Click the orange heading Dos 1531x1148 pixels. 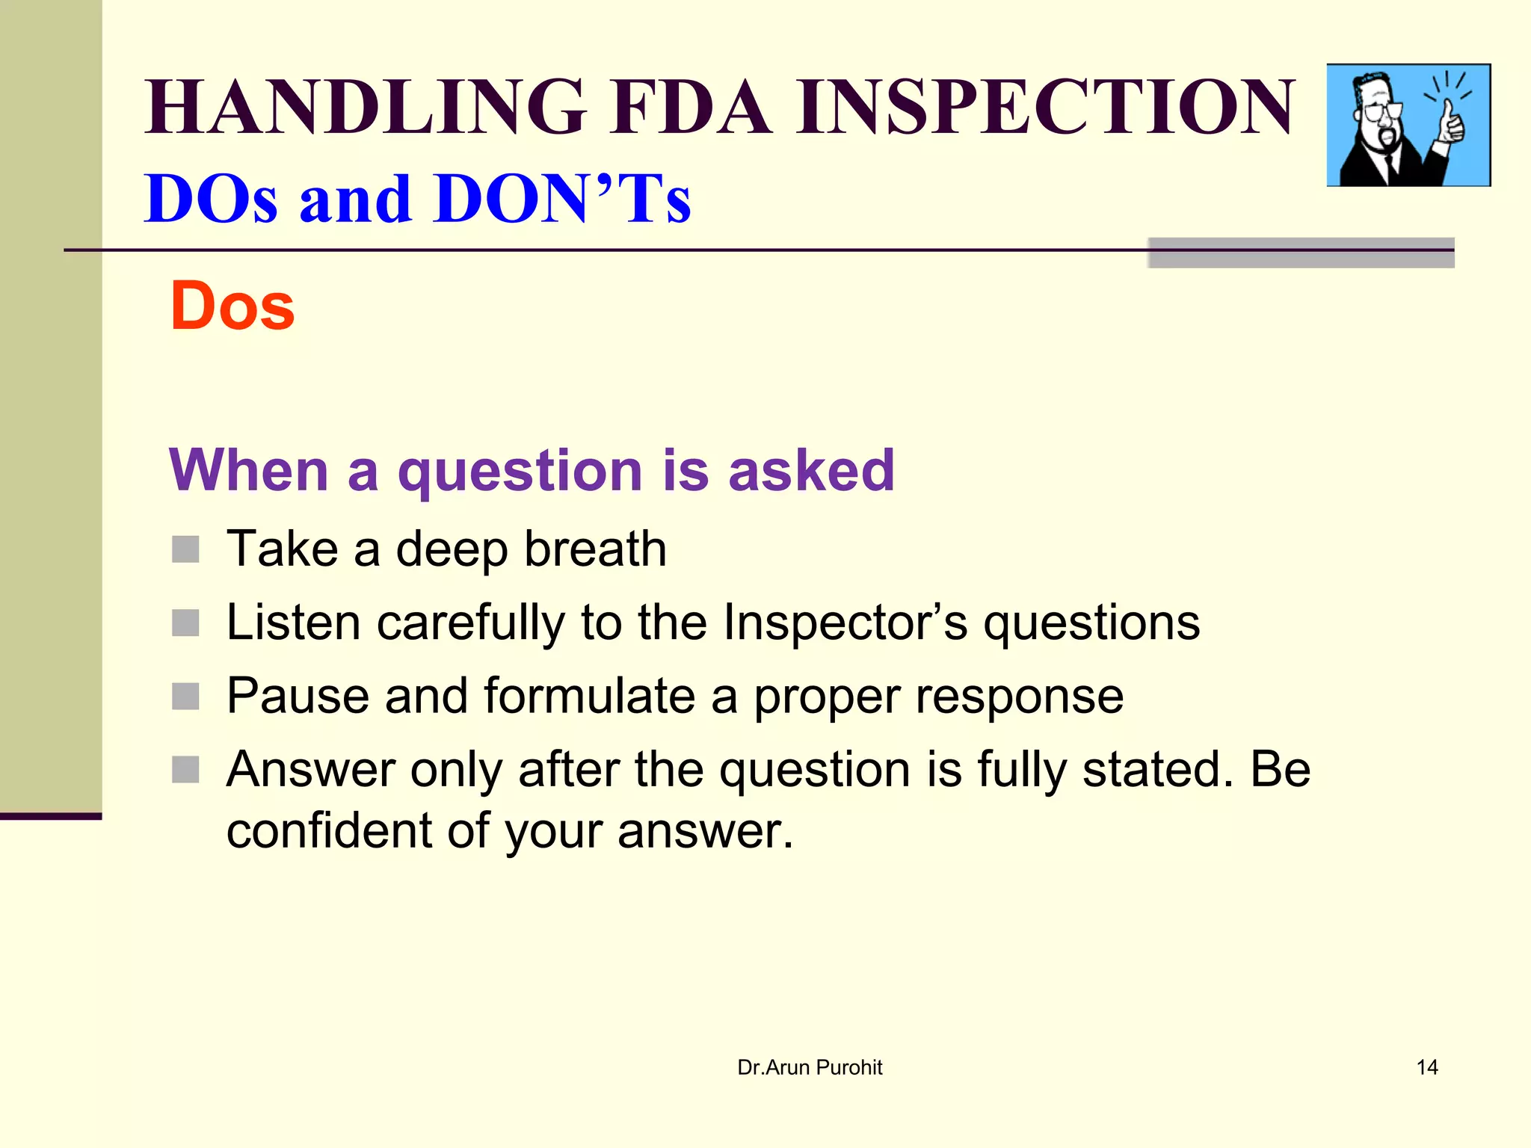pyautogui.click(x=232, y=306)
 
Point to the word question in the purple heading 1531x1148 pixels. pyautogui.click(x=520, y=472)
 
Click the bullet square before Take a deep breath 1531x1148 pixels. pyautogui.click(x=185, y=549)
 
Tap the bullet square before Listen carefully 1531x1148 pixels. pyautogui.click(x=185, y=623)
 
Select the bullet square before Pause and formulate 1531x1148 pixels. pyautogui.click(x=185, y=696)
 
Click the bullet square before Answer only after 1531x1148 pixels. pyautogui.click(x=185, y=769)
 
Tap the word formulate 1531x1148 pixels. pyautogui.click(x=590, y=696)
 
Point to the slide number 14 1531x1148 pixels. pyautogui.click(x=1426, y=1067)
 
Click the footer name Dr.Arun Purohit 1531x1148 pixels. pyautogui.click(x=810, y=1067)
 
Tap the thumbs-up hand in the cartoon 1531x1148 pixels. pyautogui.click(x=1450, y=123)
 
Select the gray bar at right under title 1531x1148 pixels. pyautogui.click(x=1301, y=253)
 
